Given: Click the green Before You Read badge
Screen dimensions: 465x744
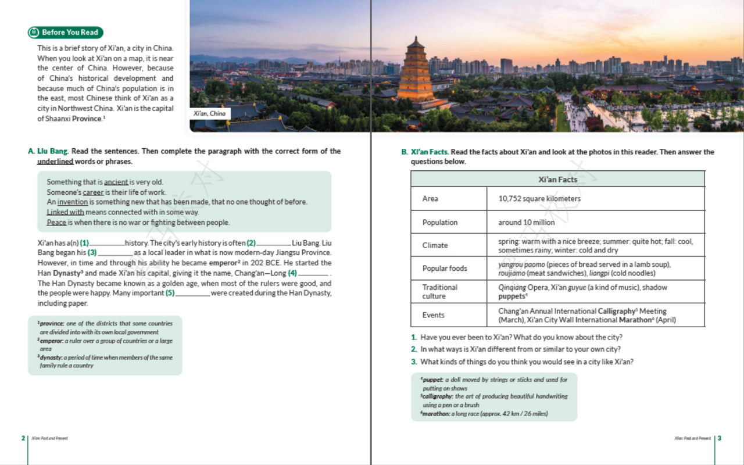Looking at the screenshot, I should (x=65, y=33).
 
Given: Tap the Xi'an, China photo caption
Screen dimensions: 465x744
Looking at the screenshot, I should (x=210, y=114).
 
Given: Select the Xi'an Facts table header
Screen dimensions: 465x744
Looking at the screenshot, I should (x=557, y=180).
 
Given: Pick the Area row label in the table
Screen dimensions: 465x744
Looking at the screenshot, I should (x=431, y=199).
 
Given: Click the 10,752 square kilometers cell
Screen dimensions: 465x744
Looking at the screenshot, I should (x=539, y=199).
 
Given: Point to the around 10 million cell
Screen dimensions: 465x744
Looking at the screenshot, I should (x=527, y=223).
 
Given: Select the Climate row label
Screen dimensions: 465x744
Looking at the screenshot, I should (x=435, y=245).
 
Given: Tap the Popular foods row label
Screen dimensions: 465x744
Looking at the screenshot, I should (x=445, y=269).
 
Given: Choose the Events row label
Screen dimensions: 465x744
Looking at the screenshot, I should (x=434, y=315).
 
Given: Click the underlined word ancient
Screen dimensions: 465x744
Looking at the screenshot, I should (x=116, y=183).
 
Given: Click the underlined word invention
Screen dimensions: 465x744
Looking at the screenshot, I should (x=73, y=202).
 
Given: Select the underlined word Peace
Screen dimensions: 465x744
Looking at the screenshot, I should (x=56, y=223).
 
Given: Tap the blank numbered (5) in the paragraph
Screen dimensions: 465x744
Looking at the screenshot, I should (x=192, y=294).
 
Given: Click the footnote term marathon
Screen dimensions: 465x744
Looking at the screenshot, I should (x=436, y=414).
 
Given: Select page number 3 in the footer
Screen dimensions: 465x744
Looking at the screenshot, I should (x=720, y=438).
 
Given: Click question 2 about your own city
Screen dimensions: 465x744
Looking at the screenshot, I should (x=520, y=349).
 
